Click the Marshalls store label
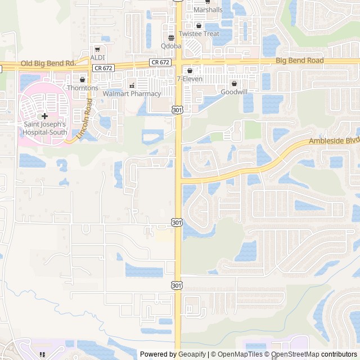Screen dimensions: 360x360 pyautogui.click(x=208, y=10)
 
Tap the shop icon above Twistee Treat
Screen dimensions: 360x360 pyautogui.click(x=199, y=25)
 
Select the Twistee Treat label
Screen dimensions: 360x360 pyautogui.click(x=203, y=34)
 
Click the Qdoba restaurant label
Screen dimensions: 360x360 pyautogui.click(x=171, y=46)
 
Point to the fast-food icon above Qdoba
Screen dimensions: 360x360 pyautogui.click(x=171, y=38)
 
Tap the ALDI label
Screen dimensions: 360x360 pyautogui.click(x=97, y=57)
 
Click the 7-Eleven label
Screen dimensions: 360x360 pyautogui.click(x=190, y=79)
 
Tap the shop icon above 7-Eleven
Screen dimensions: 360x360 pyautogui.click(x=190, y=71)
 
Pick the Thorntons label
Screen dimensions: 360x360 pyautogui.click(x=83, y=88)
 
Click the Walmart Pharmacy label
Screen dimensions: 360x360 pyautogui.click(x=132, y=94)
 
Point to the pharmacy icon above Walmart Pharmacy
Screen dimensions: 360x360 pyautogui.click(x=132, y=85)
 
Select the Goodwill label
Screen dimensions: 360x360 pyautogui.click(x=233, y=92)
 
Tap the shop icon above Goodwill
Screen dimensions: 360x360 pyautogui.click(x=234, y=83)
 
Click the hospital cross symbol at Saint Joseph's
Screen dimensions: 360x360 pyautogui.click(x=44, y=115)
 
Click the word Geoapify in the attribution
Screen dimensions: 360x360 pyautogui.click(x=192, y=354)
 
